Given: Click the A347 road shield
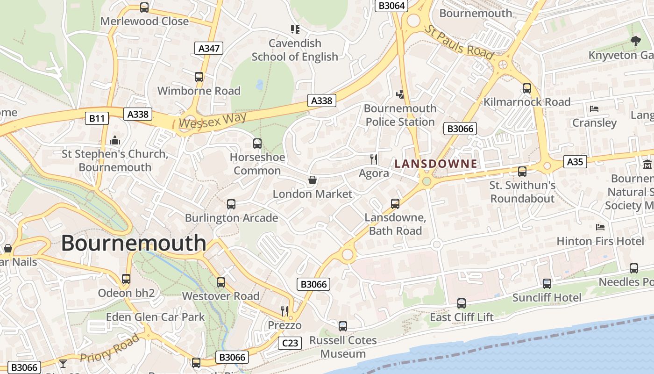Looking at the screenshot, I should pos(209,48).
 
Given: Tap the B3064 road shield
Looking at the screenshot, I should pos(392,6).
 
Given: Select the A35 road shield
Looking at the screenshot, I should pos(575,162).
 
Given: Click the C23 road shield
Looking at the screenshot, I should pos(290,343).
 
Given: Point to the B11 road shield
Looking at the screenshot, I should pos(97,118).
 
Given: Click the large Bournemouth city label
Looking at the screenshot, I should pos(134,243).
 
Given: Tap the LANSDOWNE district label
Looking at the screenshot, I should pos(436,164).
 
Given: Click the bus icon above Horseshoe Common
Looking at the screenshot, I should pos(257,144).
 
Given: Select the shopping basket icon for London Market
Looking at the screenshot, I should pos(313,180).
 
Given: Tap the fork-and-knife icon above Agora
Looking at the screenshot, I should pos(373,159).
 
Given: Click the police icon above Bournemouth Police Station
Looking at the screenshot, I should pos(400,94).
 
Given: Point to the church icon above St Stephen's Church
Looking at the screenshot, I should pos(115,140).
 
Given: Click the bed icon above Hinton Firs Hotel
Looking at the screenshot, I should pos(600,227).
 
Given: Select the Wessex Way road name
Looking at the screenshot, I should pos(213,121).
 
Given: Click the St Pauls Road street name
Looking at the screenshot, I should pos(459,42).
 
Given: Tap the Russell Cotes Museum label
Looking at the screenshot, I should pos(343,347).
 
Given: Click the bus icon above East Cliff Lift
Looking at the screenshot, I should pos(462,303).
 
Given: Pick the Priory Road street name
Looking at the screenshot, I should pos(110,348).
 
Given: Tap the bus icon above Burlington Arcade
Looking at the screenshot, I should pos(231,204).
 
